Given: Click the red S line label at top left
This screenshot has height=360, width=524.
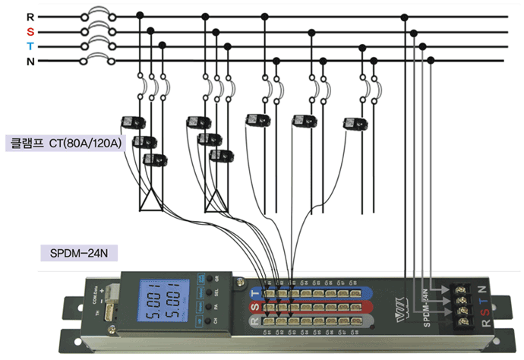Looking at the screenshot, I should tap(30, 32).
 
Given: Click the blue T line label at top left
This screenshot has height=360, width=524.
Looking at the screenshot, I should tap(30, 46).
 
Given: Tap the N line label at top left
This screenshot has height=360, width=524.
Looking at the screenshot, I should tap(30, 61).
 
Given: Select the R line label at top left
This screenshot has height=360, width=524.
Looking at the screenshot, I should tap(30, 16).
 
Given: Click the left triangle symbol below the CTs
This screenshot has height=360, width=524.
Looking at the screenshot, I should tap(151, 199).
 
